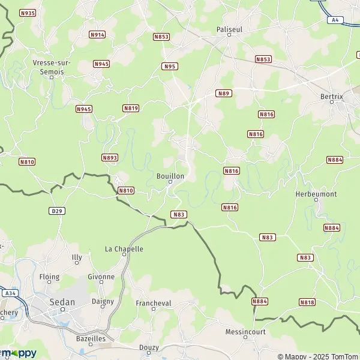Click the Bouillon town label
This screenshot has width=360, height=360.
click(170, 176)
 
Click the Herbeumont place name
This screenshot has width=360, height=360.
click(316, 194)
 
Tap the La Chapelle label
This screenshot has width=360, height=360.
click(124, 249)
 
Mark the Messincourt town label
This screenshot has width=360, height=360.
click(245, 331)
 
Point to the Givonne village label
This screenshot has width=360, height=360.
click(101, 277)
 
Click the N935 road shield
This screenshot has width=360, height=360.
click(27, 13)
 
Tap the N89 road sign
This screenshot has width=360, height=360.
click(224, 93)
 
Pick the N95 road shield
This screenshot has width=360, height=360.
click(170, 66)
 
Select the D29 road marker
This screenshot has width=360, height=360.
click(57, 211)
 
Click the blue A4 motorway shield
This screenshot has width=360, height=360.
click(335, 20)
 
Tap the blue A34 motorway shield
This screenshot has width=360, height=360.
click(9, 293)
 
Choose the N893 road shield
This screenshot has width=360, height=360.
click(110, 158)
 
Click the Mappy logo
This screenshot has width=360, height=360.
click(18, 353)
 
